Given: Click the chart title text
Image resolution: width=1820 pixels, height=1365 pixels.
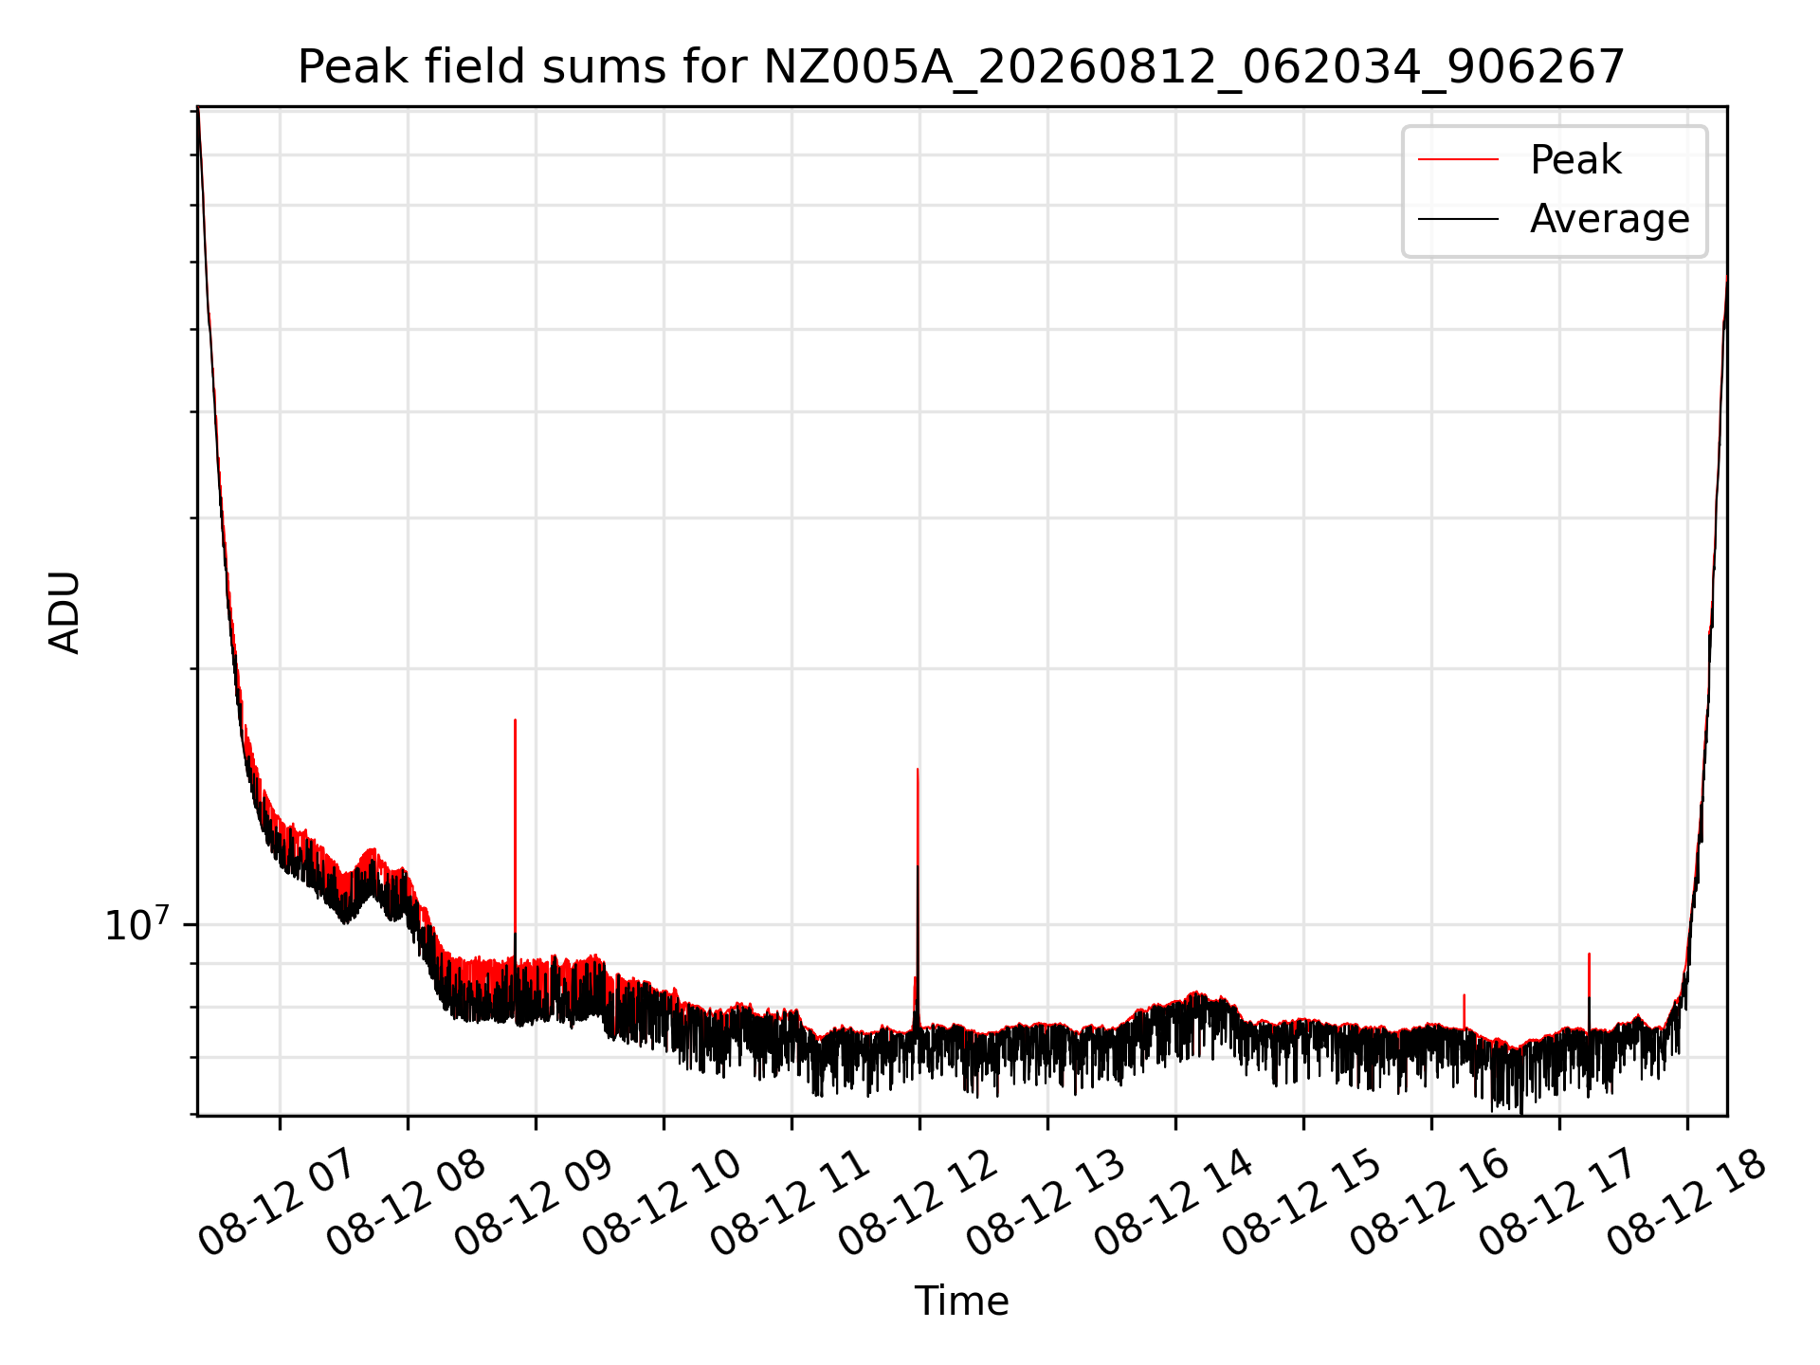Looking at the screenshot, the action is tap(961, 67).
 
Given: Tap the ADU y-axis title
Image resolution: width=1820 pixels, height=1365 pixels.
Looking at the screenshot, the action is tap(64, 611).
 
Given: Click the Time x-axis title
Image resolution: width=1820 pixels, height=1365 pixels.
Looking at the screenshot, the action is tap(961, 1301).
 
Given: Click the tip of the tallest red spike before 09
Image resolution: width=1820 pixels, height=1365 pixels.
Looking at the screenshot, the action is tap(515, 720).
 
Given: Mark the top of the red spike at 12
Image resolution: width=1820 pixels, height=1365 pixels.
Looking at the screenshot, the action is tap(918, 770).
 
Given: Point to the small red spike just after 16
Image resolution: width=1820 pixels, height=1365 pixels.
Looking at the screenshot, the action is tap(1465, 995).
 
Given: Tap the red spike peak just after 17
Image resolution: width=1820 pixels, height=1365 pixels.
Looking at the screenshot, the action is tap(1589, 955).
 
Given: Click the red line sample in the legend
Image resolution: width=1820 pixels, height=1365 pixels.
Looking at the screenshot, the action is tap(1458, 160).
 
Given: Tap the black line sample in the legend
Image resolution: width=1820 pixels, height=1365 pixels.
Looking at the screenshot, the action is tap(1458, 219).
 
